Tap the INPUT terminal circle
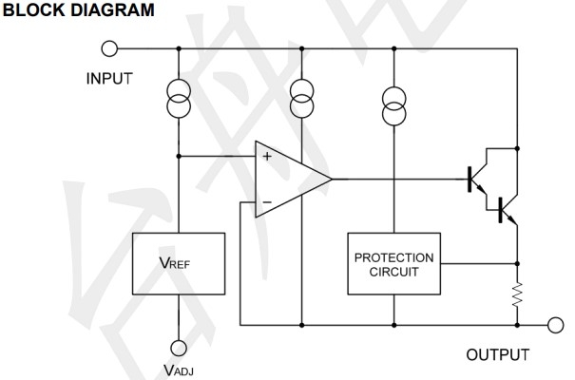[x=109, y=48]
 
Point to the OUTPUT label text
[x=497, y=355]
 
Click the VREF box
[x=180, y=262]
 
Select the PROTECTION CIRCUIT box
[x=393, y=263]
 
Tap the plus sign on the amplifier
[x=266, y=157]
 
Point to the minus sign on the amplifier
[x=266, y=202]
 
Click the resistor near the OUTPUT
[x=519, y=294]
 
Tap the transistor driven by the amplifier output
[x=476, y=179]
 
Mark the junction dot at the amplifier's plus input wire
[x=179, y=157]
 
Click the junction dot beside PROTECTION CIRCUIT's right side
[x=519, y=263]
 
